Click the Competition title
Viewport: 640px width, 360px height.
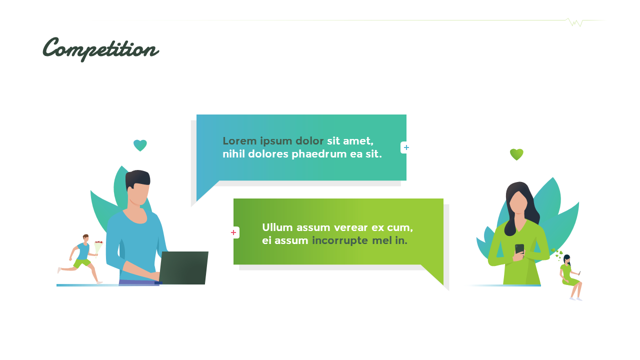click(x=101, y=49)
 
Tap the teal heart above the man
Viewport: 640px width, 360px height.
click(x=140, y=145)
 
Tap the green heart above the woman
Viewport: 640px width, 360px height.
click(x=516, y=154)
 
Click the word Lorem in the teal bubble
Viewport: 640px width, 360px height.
click(x=239, y=141)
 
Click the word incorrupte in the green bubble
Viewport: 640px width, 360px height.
click(x=339, y=241)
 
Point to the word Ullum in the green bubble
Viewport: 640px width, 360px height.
click(x=277, y=228)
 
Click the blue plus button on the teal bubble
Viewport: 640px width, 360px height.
click(x=406, y=147)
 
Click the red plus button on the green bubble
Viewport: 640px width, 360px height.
click(x=233, y=232)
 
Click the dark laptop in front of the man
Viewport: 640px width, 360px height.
click(x=183, y=268)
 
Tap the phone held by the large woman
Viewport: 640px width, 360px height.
click(x=519, y=249)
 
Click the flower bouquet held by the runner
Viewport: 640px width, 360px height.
click(x=98, y=246)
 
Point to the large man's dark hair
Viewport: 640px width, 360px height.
click(x=137, y=178)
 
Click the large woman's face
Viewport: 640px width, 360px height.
click(x=518, y=202)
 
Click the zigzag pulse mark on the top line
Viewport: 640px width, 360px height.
click(x=574, y=22)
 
